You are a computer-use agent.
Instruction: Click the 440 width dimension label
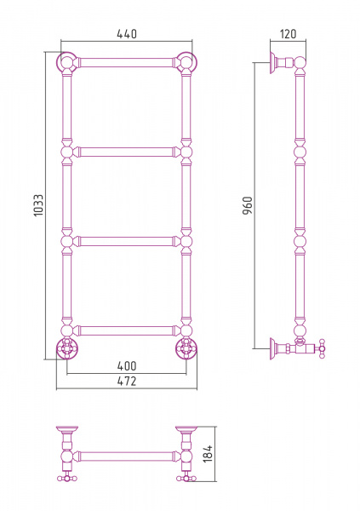click(x=127, y=34)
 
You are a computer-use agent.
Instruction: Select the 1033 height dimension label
click(x=38, y=205)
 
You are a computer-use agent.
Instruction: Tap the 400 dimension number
click(x=127, y=366)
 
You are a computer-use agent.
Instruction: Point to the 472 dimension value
click(x=127, y=381)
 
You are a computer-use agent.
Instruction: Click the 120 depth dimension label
click(x=288, y=34)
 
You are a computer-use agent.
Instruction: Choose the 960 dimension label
click(x=248, y=205)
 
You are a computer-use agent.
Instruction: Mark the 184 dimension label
click(x=208, y=453)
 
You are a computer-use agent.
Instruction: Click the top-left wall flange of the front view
click(x=67, y=62)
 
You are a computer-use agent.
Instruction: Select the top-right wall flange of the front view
click(x=186, y=62)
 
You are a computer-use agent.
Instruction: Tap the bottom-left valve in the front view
click(x=67, y=348)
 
